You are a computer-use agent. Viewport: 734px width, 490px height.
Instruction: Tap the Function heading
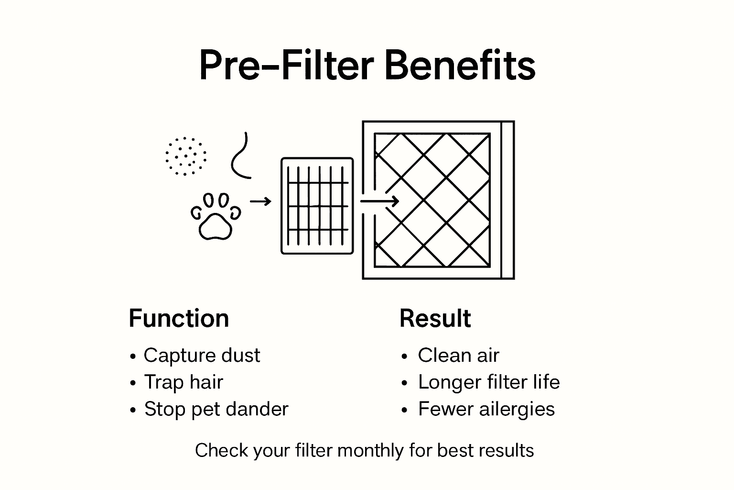click(179, 319)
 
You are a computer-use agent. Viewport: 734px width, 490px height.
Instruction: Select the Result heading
click(435, 319)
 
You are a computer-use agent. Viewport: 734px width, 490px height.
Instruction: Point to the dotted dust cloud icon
click(185, 156)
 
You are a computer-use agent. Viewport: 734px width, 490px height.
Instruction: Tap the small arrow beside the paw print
click(260, 201)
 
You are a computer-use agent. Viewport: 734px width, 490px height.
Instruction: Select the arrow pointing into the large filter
click(379, 201)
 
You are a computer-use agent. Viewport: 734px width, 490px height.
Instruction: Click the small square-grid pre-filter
click(317, 206)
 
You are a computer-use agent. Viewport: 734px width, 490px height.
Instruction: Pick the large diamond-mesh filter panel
click(432, 200)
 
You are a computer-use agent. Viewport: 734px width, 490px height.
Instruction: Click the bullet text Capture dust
click(202, 356)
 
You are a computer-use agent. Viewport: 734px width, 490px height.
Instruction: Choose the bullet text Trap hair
click(183, 382)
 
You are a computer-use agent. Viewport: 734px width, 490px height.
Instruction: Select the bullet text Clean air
click(458, 356)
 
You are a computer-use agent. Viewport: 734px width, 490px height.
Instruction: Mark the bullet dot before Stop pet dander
click(133, 411)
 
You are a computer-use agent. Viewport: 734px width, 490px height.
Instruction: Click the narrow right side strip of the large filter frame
click(507, 200)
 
